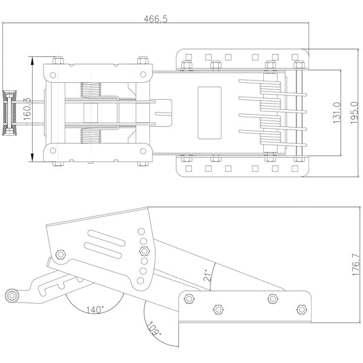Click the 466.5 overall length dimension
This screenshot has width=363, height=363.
[x=155, y=19]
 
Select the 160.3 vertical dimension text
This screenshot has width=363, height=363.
[x=27, y=109]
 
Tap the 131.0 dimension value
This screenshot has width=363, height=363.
[x=337, y=113]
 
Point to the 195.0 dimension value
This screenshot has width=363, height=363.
[x=354, y=113]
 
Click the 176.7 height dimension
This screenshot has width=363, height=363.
[x=356, y=265]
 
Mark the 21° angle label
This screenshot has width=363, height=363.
[x=208, y=275]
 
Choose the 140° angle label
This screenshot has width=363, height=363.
[x=95, y=310]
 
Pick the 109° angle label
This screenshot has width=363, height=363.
[x=154, y=329]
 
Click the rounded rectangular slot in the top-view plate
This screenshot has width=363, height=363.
[x=209, y=113]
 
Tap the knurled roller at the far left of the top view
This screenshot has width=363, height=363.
[x=9, y=113]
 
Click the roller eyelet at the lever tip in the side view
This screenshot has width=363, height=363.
[x=11, y=296]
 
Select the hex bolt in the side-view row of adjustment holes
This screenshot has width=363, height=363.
[x=144, y=251]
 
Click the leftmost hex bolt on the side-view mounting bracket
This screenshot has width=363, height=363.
[x=189, y=299]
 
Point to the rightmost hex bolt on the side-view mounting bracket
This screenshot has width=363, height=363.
[x=301, y=309]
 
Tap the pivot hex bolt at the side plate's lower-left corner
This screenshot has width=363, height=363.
[x=60, y=255]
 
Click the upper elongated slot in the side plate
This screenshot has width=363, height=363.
[x=106, y=238]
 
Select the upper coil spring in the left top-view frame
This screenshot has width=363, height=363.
[x=91, y=90]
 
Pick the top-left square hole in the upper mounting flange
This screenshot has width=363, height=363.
[x=189, y=57]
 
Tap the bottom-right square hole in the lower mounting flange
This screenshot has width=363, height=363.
[x=295, y=169]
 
